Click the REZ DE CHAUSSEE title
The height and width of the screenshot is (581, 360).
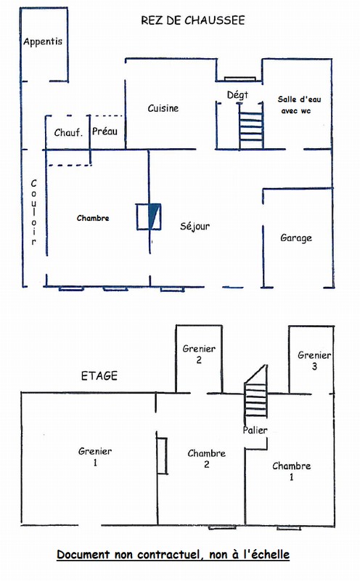click(x=192, y=20)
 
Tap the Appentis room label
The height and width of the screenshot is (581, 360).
click(x=43, y=41)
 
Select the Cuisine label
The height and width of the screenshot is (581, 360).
click(x=163, y=108)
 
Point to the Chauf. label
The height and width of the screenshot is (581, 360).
click(x=68, y=133)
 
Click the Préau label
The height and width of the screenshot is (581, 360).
click(x=105, y=131)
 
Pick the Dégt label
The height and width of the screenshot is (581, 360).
click(x=237, y=95)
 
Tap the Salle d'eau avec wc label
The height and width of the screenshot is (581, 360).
click(x=299, y=105)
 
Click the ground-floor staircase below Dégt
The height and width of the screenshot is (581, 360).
click(x=250, y=126)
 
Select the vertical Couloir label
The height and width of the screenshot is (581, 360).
click(x=33, y=212)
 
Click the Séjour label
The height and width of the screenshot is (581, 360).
click(x=195, y=226)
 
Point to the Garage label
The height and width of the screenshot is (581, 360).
click(x=296, y=238)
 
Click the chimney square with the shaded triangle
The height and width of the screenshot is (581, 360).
click(x=149, y=216)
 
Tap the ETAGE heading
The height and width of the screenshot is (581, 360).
click(x=99, y=375)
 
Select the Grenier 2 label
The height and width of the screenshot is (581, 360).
click(x=199, y=354)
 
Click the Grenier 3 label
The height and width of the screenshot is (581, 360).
click(x=314, y=360)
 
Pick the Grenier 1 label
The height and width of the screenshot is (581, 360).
click(x=95, y=457)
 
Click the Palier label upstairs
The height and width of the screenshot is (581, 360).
click(x=255, y=430)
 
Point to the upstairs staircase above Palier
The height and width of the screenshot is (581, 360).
click(x=255, y=393)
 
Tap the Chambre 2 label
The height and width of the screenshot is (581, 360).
click(x=207, y=459)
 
